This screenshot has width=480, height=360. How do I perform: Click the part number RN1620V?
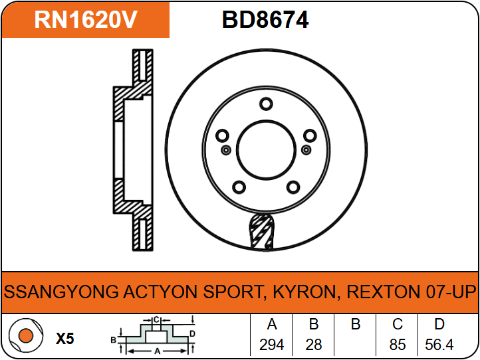pos(85,20)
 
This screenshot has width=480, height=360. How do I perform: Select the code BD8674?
pos(265,20)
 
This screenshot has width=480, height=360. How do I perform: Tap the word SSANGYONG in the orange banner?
pos(61,292)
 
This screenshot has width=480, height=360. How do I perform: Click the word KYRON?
pos(304,292)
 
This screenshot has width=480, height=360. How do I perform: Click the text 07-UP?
pos(451,292)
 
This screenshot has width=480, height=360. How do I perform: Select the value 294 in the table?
pos(271,345)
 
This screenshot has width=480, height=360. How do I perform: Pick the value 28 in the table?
pos(314,345)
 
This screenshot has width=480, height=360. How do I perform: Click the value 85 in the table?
pos(398,345)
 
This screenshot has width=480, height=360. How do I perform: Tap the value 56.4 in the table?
pos(439,345)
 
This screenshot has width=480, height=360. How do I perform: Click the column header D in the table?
pos(439,324)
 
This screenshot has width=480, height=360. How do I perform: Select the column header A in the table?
pos(272,324)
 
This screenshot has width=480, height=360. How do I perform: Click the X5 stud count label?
pos(65,339)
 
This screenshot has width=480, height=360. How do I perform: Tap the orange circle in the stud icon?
pos(26,336)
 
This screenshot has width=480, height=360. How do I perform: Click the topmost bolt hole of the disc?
pos(266,104)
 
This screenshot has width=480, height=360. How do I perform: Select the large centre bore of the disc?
pos(267,150)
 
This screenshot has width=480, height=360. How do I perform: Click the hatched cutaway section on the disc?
pos(262,232)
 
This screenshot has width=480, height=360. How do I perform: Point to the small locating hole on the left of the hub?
pos(226,150)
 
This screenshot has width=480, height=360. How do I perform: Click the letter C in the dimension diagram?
pos(156,319)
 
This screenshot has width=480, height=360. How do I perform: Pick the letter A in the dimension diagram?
pos(158,351)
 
